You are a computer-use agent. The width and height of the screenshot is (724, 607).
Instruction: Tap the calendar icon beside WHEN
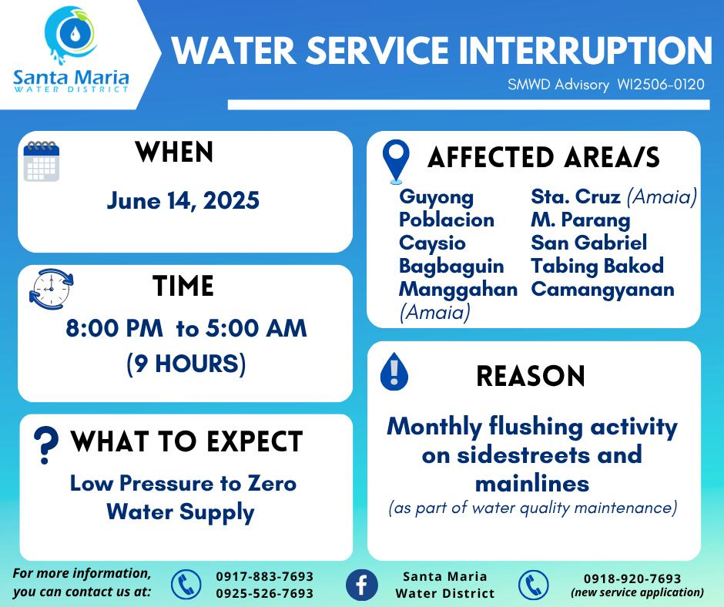[x=42, y=161]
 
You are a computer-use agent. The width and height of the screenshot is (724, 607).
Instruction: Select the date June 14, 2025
[x=183, y=201]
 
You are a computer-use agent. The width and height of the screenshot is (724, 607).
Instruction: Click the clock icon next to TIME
[x=52, y=289]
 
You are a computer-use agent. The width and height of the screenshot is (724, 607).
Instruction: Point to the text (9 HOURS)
[x=186, y=364]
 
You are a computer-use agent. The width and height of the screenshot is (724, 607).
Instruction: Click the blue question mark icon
[x=45, y=444]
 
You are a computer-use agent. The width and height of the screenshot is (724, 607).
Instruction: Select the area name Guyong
[x=437, y=197]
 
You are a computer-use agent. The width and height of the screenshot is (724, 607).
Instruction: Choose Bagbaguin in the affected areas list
[x=451, y=267]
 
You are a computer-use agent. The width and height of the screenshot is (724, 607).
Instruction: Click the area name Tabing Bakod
[x=598, y=266]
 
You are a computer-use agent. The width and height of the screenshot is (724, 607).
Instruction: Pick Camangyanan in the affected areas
[x=602, y=289]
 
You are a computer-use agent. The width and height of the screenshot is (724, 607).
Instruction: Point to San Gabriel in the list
[x=588, y=243]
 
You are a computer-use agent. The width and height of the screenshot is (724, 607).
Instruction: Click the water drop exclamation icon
[x=394, y=371]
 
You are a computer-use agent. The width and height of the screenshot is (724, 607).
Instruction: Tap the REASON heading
[x=531, y=376]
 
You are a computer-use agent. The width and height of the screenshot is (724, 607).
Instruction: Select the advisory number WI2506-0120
[x=661, y=85]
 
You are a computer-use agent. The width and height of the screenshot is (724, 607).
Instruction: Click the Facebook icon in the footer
[x=361, y=585]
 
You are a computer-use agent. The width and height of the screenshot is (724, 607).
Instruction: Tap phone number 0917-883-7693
[x=265, y=576]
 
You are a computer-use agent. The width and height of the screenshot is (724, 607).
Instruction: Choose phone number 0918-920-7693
[x=632, y=578]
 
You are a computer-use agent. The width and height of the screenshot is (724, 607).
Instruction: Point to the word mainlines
[x=532, y=484]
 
